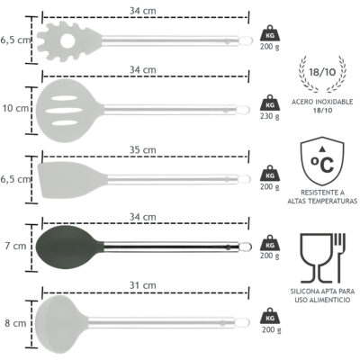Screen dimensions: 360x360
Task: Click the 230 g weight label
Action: [x=270, y=116]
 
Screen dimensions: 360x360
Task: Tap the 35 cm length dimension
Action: [x=143, y=149]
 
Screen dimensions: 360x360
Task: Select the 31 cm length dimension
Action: [x=143, y=285]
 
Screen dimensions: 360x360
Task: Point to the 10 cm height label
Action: [x=15, y=108]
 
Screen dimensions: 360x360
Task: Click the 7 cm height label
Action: [x=15, y=246]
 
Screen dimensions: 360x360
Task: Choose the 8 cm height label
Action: [x=15, y=323]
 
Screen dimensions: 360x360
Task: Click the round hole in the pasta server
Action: [x=67, y=40]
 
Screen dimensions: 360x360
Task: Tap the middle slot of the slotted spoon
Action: [x=64, y=111]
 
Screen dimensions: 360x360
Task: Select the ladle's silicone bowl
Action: [x=61, y=324]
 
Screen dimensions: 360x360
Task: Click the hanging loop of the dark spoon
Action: [x=246, y=247]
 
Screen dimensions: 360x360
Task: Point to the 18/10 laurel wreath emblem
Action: [x=322, y=73]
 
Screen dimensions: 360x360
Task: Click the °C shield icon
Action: [x=322, y=161]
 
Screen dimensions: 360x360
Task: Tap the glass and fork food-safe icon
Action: [x=323, y=258]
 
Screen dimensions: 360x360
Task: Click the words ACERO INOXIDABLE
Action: [x=322, y=102]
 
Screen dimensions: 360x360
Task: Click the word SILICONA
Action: [x=303, y=292]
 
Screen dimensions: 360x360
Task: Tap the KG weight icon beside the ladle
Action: [x=270, y=317]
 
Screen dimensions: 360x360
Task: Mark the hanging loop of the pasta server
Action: [x=246, y=40]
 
